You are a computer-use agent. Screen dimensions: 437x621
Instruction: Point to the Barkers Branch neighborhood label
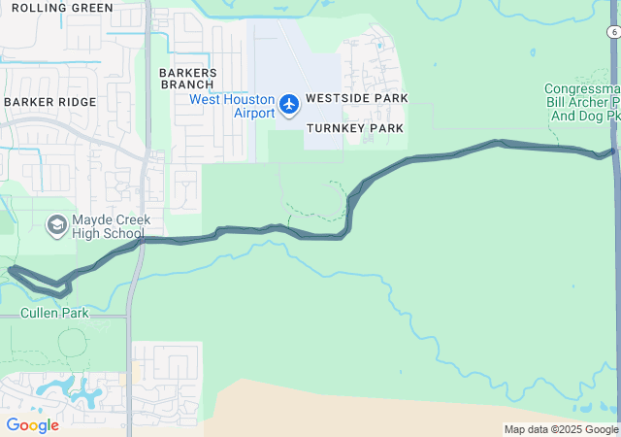tap(187, 78)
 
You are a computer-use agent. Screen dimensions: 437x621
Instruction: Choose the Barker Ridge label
tap(49, 102)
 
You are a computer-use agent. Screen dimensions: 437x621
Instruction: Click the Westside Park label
tap(356, 99)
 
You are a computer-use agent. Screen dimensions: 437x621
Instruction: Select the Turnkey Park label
tap(354, 128)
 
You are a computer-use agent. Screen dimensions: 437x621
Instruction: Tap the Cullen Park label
tap(54, 313)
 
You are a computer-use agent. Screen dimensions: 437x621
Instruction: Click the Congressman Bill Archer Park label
tap(581, 102)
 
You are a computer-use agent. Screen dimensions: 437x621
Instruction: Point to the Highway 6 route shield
tap(613, 33)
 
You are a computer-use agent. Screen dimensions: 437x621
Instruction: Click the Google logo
tap(32, 425)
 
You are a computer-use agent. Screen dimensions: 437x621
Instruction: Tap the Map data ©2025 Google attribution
tap(561, 429)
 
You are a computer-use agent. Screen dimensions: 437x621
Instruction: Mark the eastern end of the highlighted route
tap(613, 151)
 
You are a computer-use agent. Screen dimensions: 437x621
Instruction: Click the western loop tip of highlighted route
tap(11, 269)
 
